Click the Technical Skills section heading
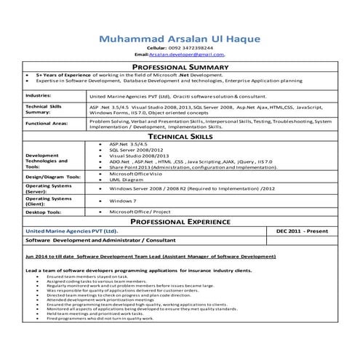pyautogui.click(x=180, y=136)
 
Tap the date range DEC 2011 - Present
pyautogui.click(x=303, y=231)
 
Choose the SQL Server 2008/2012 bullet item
pyautogui.click(x=133, y=150)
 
